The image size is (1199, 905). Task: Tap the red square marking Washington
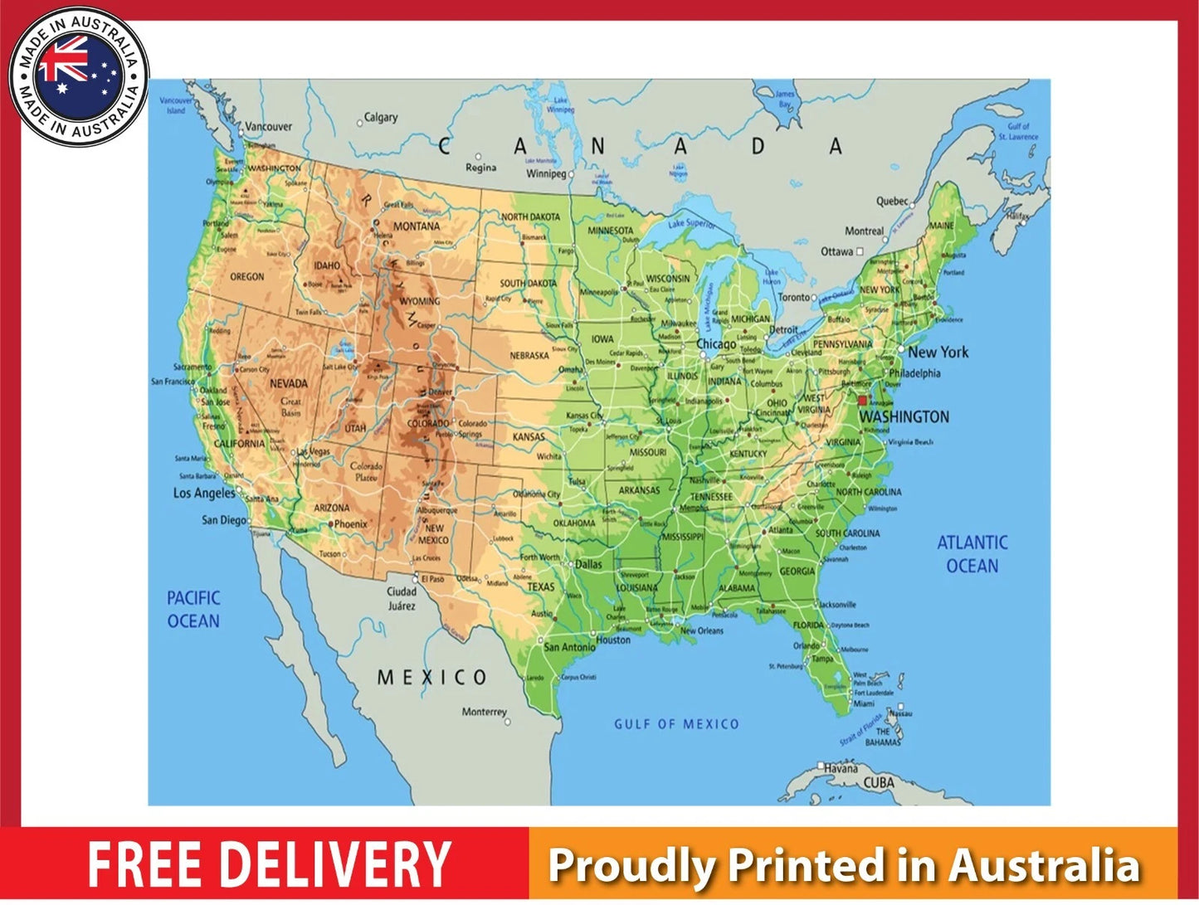[x=862, y=400]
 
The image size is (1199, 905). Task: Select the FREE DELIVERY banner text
[x=269, y=864]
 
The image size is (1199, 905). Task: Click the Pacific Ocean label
[x=193, y=609]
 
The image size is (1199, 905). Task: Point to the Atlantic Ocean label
[x=972, y=554]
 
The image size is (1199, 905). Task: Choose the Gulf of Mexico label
[x=676, y=724]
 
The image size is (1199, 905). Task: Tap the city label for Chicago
[x=716, y=344]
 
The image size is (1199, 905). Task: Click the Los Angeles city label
[x=204, y=493]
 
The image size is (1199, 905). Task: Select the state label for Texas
[x=541, y=586]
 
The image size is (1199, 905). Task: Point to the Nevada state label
[x=289, y=383]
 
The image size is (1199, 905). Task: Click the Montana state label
[x=417, y=226]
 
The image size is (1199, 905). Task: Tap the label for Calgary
[x=381, y=118]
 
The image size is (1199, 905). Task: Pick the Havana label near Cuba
[x=841, y=767]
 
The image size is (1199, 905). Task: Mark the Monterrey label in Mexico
[x=484, y=712]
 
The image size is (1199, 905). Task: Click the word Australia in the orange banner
[x=1045, y=865]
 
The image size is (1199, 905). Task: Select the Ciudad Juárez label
[x=402, y=598]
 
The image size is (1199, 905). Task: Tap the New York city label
[x=938, y=352]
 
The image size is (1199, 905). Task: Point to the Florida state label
[x=808, y=625]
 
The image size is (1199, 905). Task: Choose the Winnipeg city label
[x=546, y=173]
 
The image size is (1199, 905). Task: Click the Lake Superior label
[x=691, y=223]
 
